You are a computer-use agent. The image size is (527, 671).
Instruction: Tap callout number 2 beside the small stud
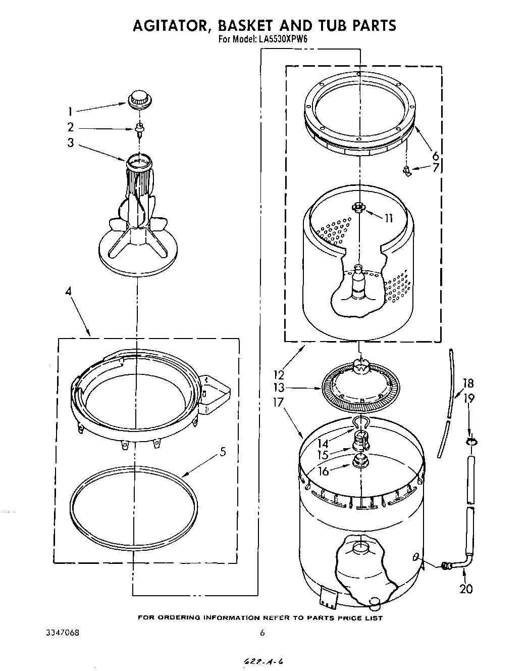pyautogui.click(x=71, y=127)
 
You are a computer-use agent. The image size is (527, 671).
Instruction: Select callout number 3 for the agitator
pyautogui.click(x=71, y=143)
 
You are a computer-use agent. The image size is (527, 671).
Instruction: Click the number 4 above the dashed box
pyautogui.click(x=68, y=291)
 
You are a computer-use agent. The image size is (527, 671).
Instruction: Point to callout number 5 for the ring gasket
pyautogui.click(x=222, y=452)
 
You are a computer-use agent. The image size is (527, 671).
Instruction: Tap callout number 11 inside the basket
pyautogui.click(x=388, y=219)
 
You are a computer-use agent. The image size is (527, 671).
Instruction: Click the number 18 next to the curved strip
pyautogui.click(x=468, y=383)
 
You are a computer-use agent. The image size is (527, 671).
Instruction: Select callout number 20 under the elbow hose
pyautogui.click(x=466, y=589)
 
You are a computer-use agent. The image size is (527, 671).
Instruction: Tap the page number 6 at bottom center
pyautogui.click(x=262, y=633)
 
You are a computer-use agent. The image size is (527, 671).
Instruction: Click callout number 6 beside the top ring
pyautogui.click(x=435, y=156)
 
